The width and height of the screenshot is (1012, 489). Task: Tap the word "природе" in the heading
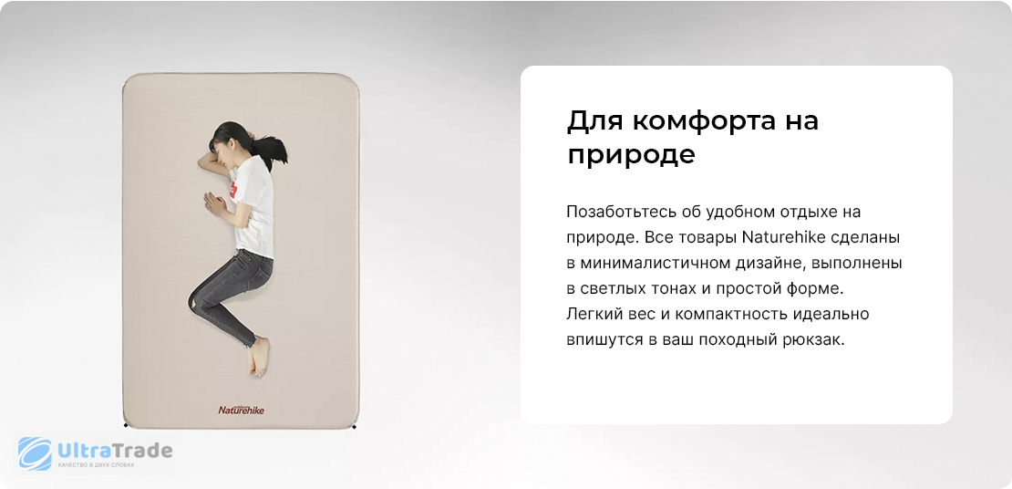[631, 156]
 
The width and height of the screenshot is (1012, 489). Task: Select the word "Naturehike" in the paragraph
[780, 238]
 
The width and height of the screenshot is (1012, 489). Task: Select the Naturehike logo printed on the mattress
[241, 410]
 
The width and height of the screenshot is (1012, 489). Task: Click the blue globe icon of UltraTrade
[35, 453]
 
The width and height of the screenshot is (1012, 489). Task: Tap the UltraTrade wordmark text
[115, 450]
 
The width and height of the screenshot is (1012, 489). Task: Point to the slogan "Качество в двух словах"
[96, 464]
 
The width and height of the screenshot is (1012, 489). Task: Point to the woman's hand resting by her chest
[214, 203]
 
